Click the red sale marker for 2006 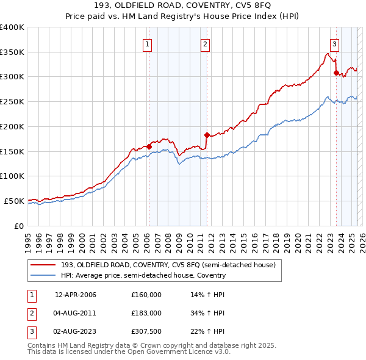[149, 146]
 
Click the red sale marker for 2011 [206, 135]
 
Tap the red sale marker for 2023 [336, 73]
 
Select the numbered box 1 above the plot [148, 43]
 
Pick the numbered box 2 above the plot [206, 43]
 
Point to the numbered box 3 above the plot [335, 43]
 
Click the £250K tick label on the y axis [12, 101]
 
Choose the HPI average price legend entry [143, 275]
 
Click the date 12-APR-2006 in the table [76, 295]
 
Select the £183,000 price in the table [146, 313]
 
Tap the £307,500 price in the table [146, 331]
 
